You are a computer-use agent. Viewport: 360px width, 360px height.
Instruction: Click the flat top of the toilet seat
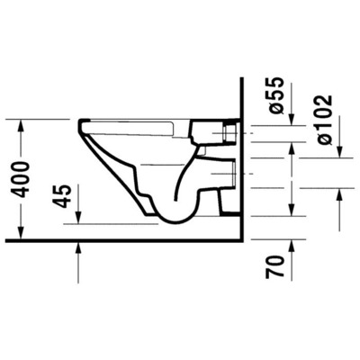pyautogui.click(x=153, y=119)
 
